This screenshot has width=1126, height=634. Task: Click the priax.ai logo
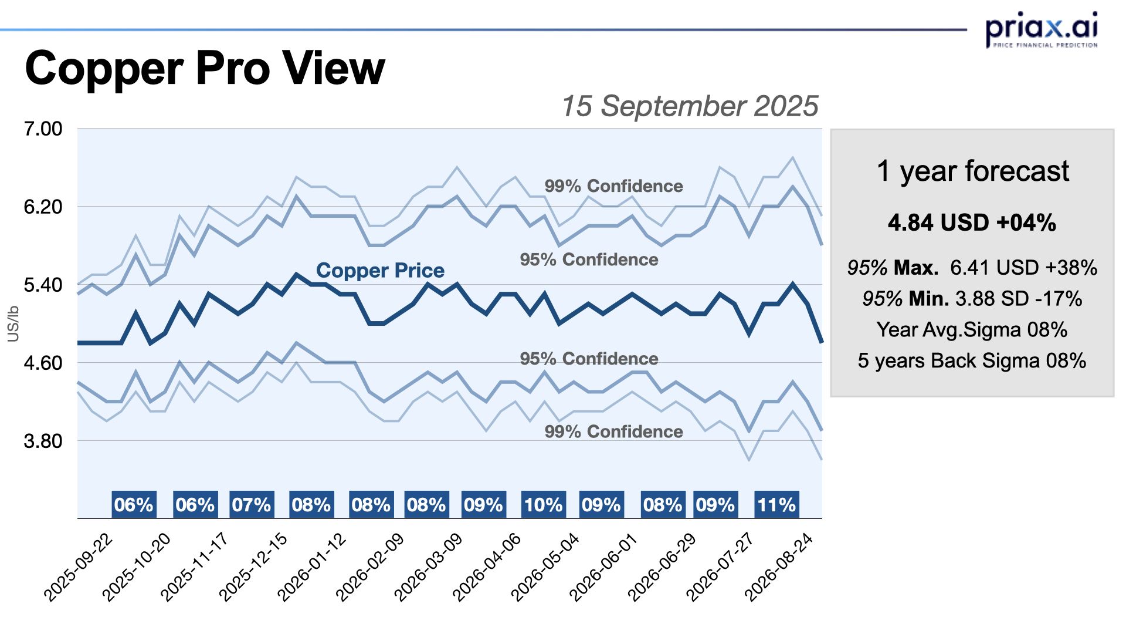point(1041,29)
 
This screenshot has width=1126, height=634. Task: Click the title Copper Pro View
point(205,69)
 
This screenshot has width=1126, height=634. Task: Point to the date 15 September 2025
point(690,106)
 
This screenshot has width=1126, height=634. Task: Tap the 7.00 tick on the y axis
point(43,129)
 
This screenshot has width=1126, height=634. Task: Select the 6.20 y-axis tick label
point(43,207)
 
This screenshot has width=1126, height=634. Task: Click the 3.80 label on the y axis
point(43,441)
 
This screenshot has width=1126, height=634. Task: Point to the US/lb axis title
point(13,323)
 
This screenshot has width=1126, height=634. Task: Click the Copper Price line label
point(380,270)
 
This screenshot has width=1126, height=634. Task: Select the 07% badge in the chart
point(251,504)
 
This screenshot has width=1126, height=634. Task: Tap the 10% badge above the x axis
point(543,504)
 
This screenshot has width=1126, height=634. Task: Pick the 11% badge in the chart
point(776,504)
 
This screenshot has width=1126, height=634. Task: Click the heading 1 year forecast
point(972,171)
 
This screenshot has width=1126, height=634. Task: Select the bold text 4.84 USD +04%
point(972,223)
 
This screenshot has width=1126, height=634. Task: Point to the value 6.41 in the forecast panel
point(971,268)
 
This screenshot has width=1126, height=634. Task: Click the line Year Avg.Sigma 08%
point(972,330)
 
